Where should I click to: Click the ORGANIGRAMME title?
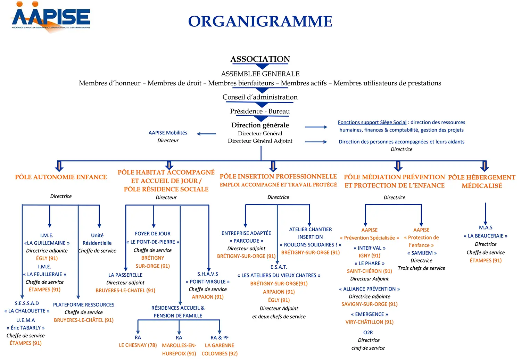(x=260, y=22)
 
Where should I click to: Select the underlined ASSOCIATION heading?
(x=260, y=59)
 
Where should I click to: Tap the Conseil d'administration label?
(x=260, y=97)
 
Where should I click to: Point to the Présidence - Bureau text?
(x=260, y=111)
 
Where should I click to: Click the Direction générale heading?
(x=260, y=125)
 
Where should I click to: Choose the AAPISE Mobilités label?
(x=168, y=133)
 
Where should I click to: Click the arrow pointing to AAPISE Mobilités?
(x=206, y=134)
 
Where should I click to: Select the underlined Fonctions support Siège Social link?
(x=372, y=122)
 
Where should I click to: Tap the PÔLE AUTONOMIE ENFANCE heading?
(x=61, y=177)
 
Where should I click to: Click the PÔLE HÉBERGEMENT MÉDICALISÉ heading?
(x=482, y=181)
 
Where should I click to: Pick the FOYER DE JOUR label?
(x=153, y=234)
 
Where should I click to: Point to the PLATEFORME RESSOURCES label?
(x=84, y=304)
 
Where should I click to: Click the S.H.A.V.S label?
(x=208, y=274)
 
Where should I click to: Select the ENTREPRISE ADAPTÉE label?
(x=246, y=233)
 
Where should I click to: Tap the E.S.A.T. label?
(x=279, y=267)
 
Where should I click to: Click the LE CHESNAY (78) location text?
(x=138, y=345)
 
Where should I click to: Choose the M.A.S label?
(x=486, y=227)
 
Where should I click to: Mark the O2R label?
(x=368, y=332)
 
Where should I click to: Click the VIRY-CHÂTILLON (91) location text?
(x=370, y=322)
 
